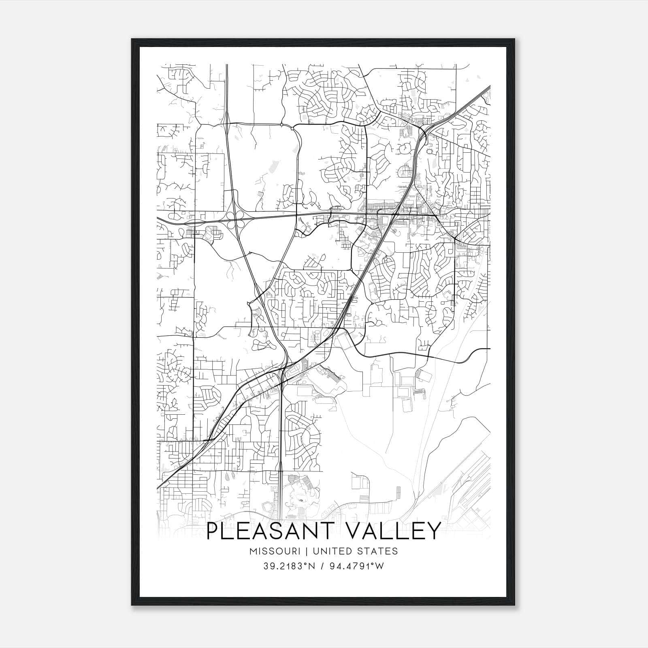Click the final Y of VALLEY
tap(433, 531)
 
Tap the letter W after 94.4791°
tap(380, 566)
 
